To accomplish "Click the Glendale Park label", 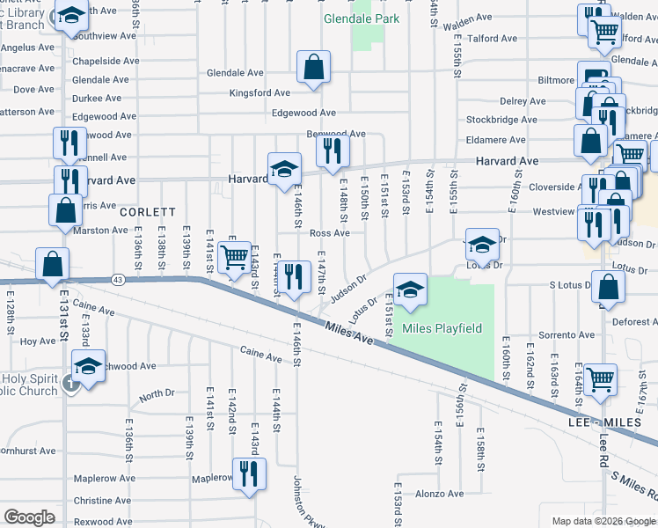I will pyautogui.click(x=362, y=18).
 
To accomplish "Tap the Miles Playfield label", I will pyautogui.click(x=442, y=329).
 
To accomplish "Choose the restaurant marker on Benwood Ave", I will pyautogui.click(x=332, y=150).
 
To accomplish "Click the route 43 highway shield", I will pyautogui.click(x=119, y=279).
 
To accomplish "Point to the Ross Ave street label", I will pyautogui.click(x=330, y=233).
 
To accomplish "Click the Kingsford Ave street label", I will pyautogui.click(x=260, y=92).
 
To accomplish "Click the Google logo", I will pyautogui.click(x=29, y=517).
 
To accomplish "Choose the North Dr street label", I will pyautogui.click(x=157, y=395).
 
